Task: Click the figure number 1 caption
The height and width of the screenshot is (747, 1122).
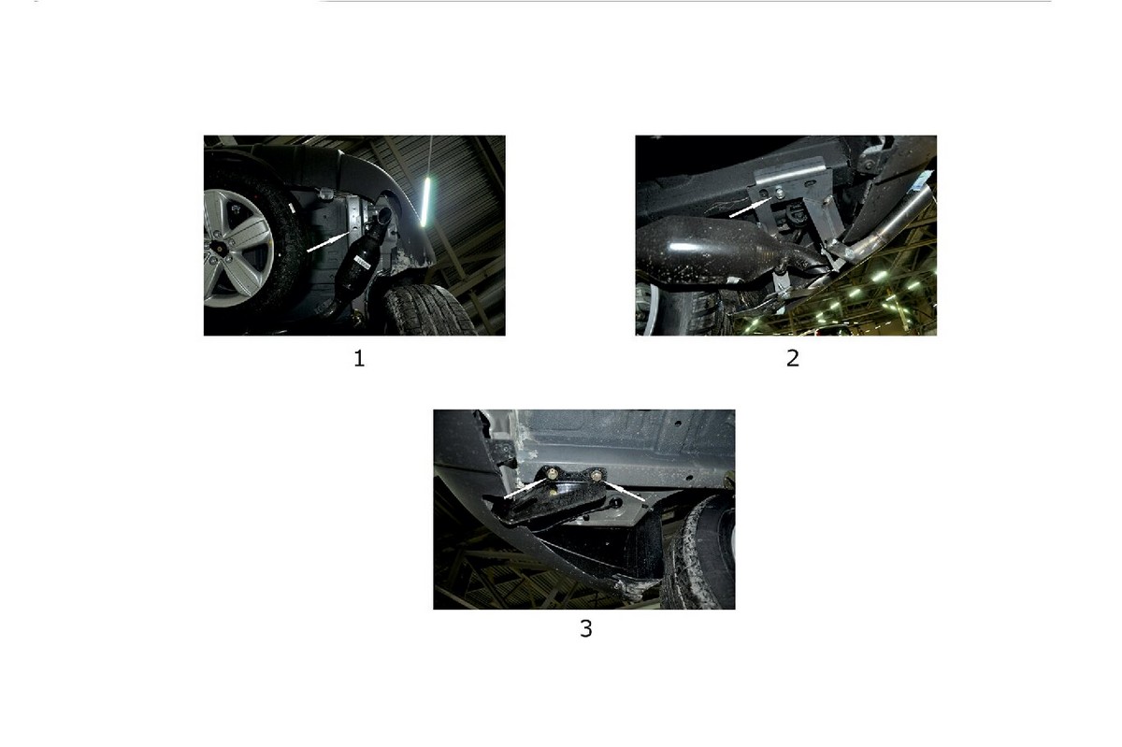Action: point(359,359)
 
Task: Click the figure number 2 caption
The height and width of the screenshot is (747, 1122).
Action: point(793,359)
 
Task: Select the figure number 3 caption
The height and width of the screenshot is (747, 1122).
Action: point(585,629)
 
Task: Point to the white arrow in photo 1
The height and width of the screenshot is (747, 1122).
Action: point(329,241)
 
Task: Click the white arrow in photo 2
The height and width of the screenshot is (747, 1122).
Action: point(750,207)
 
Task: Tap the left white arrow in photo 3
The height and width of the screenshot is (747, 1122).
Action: point(525,488)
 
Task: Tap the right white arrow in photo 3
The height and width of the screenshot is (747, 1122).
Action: point(625,491)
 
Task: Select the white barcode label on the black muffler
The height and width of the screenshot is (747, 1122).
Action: point(362,261)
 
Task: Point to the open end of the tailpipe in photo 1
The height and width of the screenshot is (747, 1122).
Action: point(384,215)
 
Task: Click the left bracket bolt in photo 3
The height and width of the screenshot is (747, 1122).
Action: point(552,471)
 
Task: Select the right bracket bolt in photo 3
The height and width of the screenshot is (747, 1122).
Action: point(597,474)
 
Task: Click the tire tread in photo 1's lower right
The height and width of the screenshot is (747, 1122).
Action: point(430,309)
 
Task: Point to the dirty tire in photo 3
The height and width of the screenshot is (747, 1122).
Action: point(698,551)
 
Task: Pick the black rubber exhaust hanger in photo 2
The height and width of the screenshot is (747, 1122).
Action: point(792,213)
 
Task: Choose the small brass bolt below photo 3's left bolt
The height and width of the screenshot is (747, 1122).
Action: point(553,493)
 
